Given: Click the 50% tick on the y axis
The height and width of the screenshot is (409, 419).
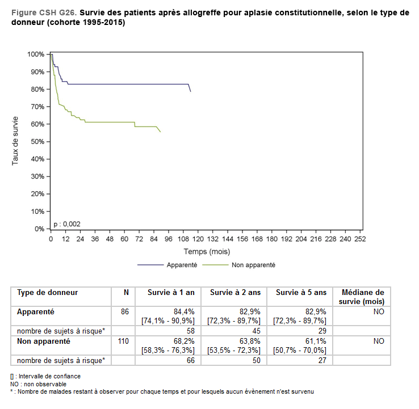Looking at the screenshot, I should [36, 142].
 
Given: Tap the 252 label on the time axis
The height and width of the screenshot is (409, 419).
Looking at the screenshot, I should [359, 239].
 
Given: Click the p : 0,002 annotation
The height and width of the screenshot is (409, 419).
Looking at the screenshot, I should [66, 224].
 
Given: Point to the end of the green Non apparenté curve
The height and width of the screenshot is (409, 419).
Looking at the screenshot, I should [160, 132].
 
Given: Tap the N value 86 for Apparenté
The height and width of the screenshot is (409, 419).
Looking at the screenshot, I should [125, 312].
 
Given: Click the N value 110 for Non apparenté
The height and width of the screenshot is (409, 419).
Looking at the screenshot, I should [124, 341].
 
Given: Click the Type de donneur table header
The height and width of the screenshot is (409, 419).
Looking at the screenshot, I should [48, 293].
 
